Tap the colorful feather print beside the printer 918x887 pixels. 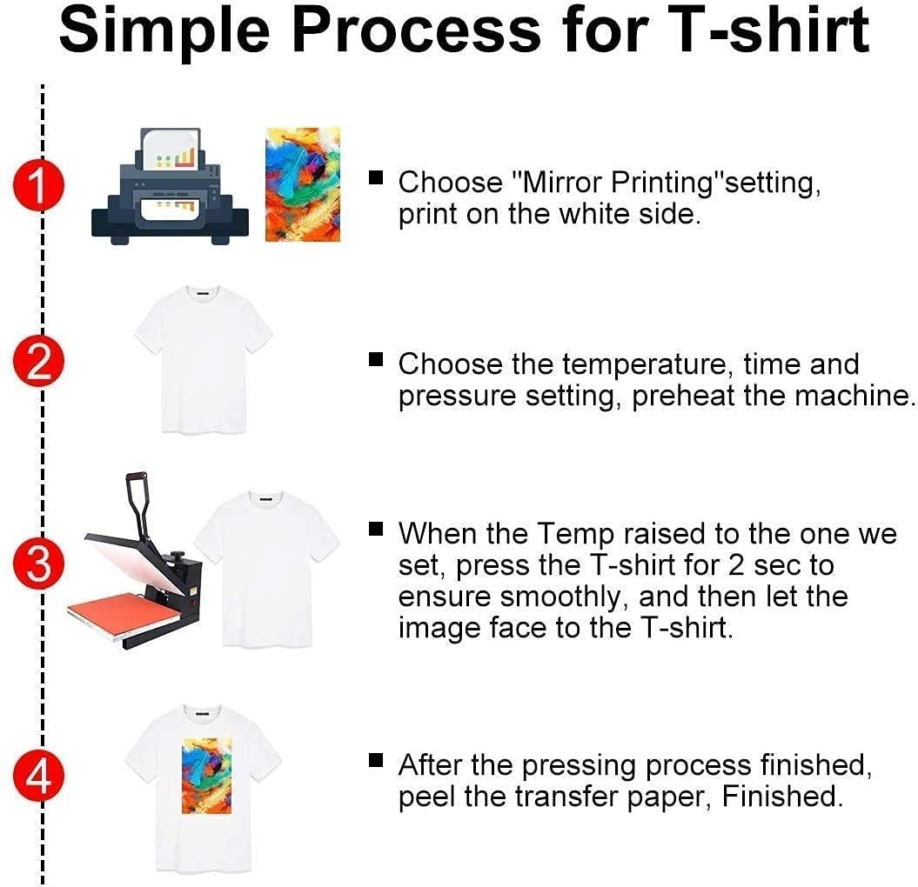pos(302,183)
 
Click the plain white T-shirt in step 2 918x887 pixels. pos(203,358)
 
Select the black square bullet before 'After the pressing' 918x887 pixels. pos(376,761)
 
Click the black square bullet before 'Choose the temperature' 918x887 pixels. pos(376,359)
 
